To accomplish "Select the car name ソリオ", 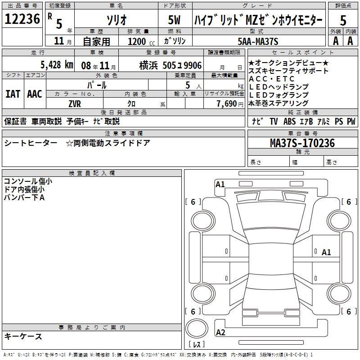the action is pos(116,20).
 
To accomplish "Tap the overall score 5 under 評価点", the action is pos(343,21).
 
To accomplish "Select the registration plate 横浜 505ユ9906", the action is pos(164,65).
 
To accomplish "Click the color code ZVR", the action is pos(75,103).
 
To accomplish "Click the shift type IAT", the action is pos(13,94).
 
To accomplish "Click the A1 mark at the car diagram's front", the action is pos(220,184).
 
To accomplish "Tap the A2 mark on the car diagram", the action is pos(220,333).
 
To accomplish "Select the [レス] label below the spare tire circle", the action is pos(197,345).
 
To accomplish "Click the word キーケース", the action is pos(23,337).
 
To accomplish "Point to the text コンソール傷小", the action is pos(27,181).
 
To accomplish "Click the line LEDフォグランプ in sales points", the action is pos(278,95).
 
